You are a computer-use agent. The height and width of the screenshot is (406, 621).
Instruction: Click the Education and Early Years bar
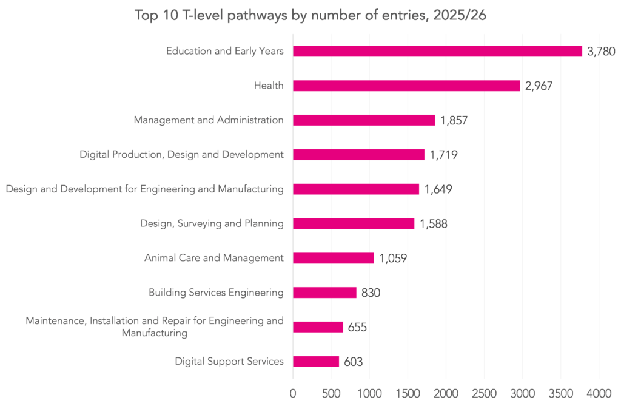438,51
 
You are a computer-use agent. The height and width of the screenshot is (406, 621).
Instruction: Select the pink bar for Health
406,86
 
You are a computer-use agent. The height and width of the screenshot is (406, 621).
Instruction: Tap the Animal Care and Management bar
334,258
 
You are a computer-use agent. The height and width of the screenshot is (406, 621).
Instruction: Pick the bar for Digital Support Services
316,362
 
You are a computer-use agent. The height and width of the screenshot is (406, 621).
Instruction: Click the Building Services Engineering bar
325,293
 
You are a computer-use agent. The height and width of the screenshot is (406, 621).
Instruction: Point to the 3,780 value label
601,52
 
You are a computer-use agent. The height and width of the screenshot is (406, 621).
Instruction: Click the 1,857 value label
454,121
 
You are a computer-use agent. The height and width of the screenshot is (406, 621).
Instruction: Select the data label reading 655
357,327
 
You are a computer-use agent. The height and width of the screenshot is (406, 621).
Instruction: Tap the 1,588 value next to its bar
434,224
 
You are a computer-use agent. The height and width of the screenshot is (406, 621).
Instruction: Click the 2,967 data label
539,86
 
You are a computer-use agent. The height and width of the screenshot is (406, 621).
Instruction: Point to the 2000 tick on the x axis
446,393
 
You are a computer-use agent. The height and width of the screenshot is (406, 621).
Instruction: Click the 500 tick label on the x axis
331,393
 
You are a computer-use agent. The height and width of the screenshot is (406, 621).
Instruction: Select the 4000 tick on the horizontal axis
599,393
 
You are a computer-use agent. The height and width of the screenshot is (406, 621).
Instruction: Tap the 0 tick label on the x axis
293,393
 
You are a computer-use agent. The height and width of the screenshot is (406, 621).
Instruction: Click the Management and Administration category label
209,120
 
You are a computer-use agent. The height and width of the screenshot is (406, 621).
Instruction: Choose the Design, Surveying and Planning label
212,223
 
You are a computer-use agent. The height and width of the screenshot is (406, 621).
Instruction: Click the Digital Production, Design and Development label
182,155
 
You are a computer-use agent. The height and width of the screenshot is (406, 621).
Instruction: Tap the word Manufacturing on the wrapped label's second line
155,333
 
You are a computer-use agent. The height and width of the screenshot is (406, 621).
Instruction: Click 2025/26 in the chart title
460,15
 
